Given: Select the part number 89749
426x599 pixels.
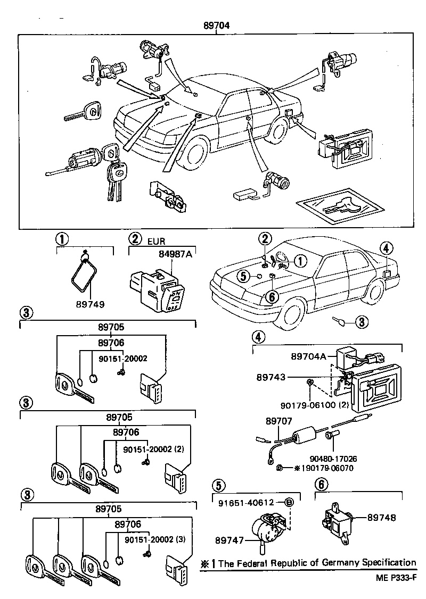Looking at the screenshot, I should tap(90, 304).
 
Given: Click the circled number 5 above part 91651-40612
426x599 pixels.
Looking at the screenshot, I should tap(218, 485).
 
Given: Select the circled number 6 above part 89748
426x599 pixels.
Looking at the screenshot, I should tap(319, 485).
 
